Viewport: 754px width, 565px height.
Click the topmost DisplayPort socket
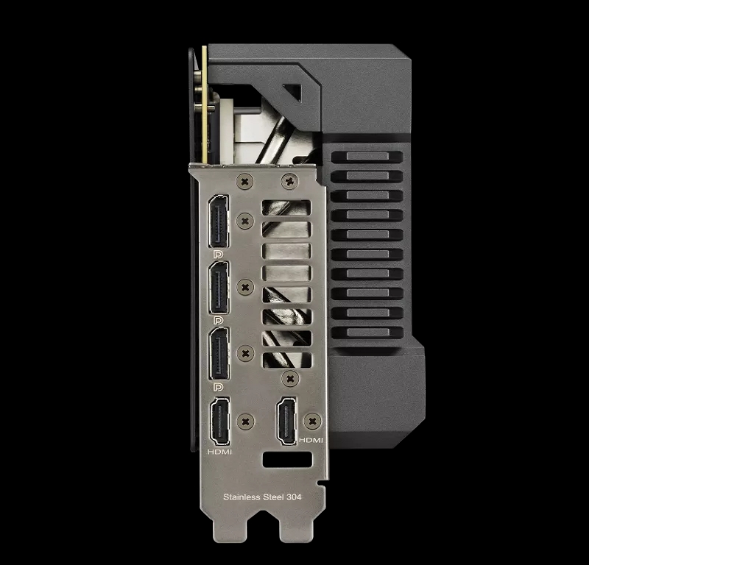point(218,221)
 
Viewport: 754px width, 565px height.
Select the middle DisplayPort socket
point(219,288)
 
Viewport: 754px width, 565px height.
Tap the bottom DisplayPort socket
point(219,354)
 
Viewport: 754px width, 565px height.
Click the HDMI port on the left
point(219,422)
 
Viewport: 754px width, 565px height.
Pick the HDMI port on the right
point(286,422)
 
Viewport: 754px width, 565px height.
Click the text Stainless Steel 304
point(262,497)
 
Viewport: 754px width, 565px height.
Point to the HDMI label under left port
point(219,452)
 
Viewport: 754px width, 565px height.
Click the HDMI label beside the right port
point(311,440)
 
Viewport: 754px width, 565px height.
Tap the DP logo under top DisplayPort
point(218,255)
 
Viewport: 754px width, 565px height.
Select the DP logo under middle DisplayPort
point(218,321)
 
